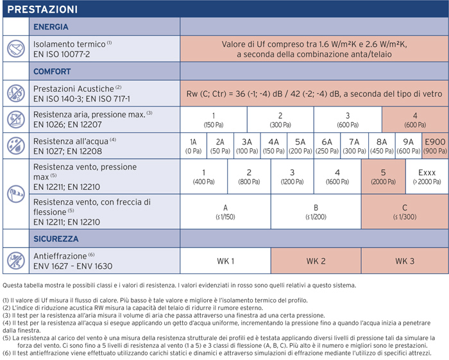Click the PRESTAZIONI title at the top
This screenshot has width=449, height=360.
tap(43, 10)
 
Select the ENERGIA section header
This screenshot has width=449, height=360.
tap(51, 27)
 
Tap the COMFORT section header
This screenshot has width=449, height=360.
tap(52, 71)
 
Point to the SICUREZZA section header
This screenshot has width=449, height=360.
tap(56, 239)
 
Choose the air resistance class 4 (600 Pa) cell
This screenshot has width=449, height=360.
tap(414, 119)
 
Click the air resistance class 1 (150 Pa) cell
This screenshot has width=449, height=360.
tap(213, 119)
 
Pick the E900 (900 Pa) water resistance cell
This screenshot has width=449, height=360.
tap(435, 146)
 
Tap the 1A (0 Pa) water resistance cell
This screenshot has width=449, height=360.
tap(193, 146)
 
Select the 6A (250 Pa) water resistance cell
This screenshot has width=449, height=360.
tap(327, 146)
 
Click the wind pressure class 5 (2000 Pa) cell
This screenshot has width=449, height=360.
tap(384, 177)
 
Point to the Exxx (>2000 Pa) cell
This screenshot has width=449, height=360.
tap(427, 177)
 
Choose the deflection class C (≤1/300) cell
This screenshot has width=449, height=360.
tap(405, 212)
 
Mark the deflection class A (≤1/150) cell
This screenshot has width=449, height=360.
tap(226, 212)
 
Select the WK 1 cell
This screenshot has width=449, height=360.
tap(226, 261)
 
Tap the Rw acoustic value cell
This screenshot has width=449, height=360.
tap(314, 93)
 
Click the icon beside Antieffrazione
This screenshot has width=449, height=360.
tap(16, 261)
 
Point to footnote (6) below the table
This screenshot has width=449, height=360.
tap(218, 353)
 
